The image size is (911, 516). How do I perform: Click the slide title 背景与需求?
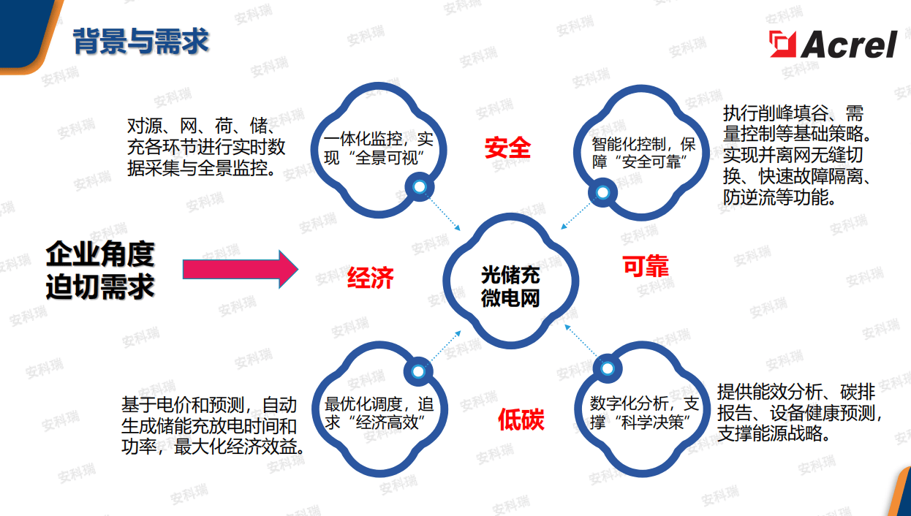pyautogui.click(x=141, y=42)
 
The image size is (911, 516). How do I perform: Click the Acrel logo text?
pyautogui.click(x=849, y=45)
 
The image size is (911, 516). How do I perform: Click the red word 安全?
pyautogui.click(x=507, y=148)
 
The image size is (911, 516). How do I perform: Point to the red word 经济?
pyautogui.click(x=371, y=278)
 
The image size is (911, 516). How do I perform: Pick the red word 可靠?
pyautogui.click(x=645, y=267)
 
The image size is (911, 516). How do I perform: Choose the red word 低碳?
pyautogui.click(x=521, y=420)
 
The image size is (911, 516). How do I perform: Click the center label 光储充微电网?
pyautogui.click(x=510, y=287)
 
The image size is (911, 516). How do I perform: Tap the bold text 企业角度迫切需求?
pyautogui.click(x=100, y=270)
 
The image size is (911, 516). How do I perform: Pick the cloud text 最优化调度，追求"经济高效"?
pyautogui.click(x=379, y=413)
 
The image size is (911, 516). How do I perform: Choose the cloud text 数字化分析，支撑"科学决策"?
pyautogui.click(x=645, y=413)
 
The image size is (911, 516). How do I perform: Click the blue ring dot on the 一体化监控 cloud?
pyautogui.click(x=420, y=188)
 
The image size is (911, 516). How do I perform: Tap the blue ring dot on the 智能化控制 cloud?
pyautogui.click(x=601, y=192)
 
